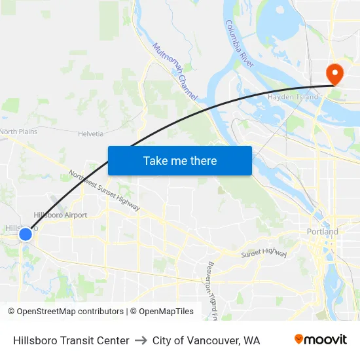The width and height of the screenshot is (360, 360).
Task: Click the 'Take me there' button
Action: coord(180,160)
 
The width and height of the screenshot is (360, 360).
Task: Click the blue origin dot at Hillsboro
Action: coord(26,234)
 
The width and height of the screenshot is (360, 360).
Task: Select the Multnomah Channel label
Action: coord(174,71)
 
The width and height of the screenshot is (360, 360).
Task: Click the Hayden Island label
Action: coord(293,97)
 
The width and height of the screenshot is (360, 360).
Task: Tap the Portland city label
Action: coord(323,232)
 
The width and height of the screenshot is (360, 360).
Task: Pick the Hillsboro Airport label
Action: coord(60,215)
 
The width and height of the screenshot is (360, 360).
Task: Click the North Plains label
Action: coord(18,132)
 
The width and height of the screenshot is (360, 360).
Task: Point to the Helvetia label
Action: coord(91,134)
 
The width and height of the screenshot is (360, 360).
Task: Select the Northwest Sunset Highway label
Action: coord(104,190)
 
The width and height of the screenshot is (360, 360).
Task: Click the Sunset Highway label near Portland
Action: coord(264,253)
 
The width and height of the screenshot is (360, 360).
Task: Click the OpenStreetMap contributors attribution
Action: coord(70,312)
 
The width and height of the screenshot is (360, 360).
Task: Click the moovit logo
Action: coord(320,340)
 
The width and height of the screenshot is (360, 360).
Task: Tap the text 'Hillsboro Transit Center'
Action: coord(71,340)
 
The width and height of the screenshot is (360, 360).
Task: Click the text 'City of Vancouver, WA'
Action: coord(206,340)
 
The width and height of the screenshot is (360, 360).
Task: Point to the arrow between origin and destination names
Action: coord(141,340)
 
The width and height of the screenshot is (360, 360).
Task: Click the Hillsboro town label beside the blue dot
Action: coord(13,228)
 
